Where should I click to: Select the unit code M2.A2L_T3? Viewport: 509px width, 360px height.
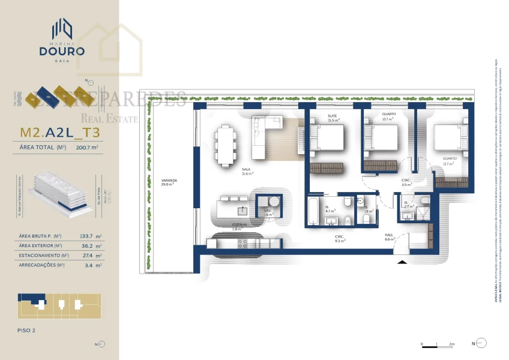[x=59, y=132]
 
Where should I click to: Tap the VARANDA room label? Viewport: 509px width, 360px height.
[x=167, y=182]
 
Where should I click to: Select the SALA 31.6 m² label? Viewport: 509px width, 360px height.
[x=247, y=171]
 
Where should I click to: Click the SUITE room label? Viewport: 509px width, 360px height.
[x=333, y=118]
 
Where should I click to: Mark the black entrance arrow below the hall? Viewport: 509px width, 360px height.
[x=402, y=261]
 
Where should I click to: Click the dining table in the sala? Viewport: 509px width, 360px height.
[x=226, y=144]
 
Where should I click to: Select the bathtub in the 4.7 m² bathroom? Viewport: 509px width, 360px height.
[x=313, y=211]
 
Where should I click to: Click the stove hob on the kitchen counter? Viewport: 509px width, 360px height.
[x=243, y=244]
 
